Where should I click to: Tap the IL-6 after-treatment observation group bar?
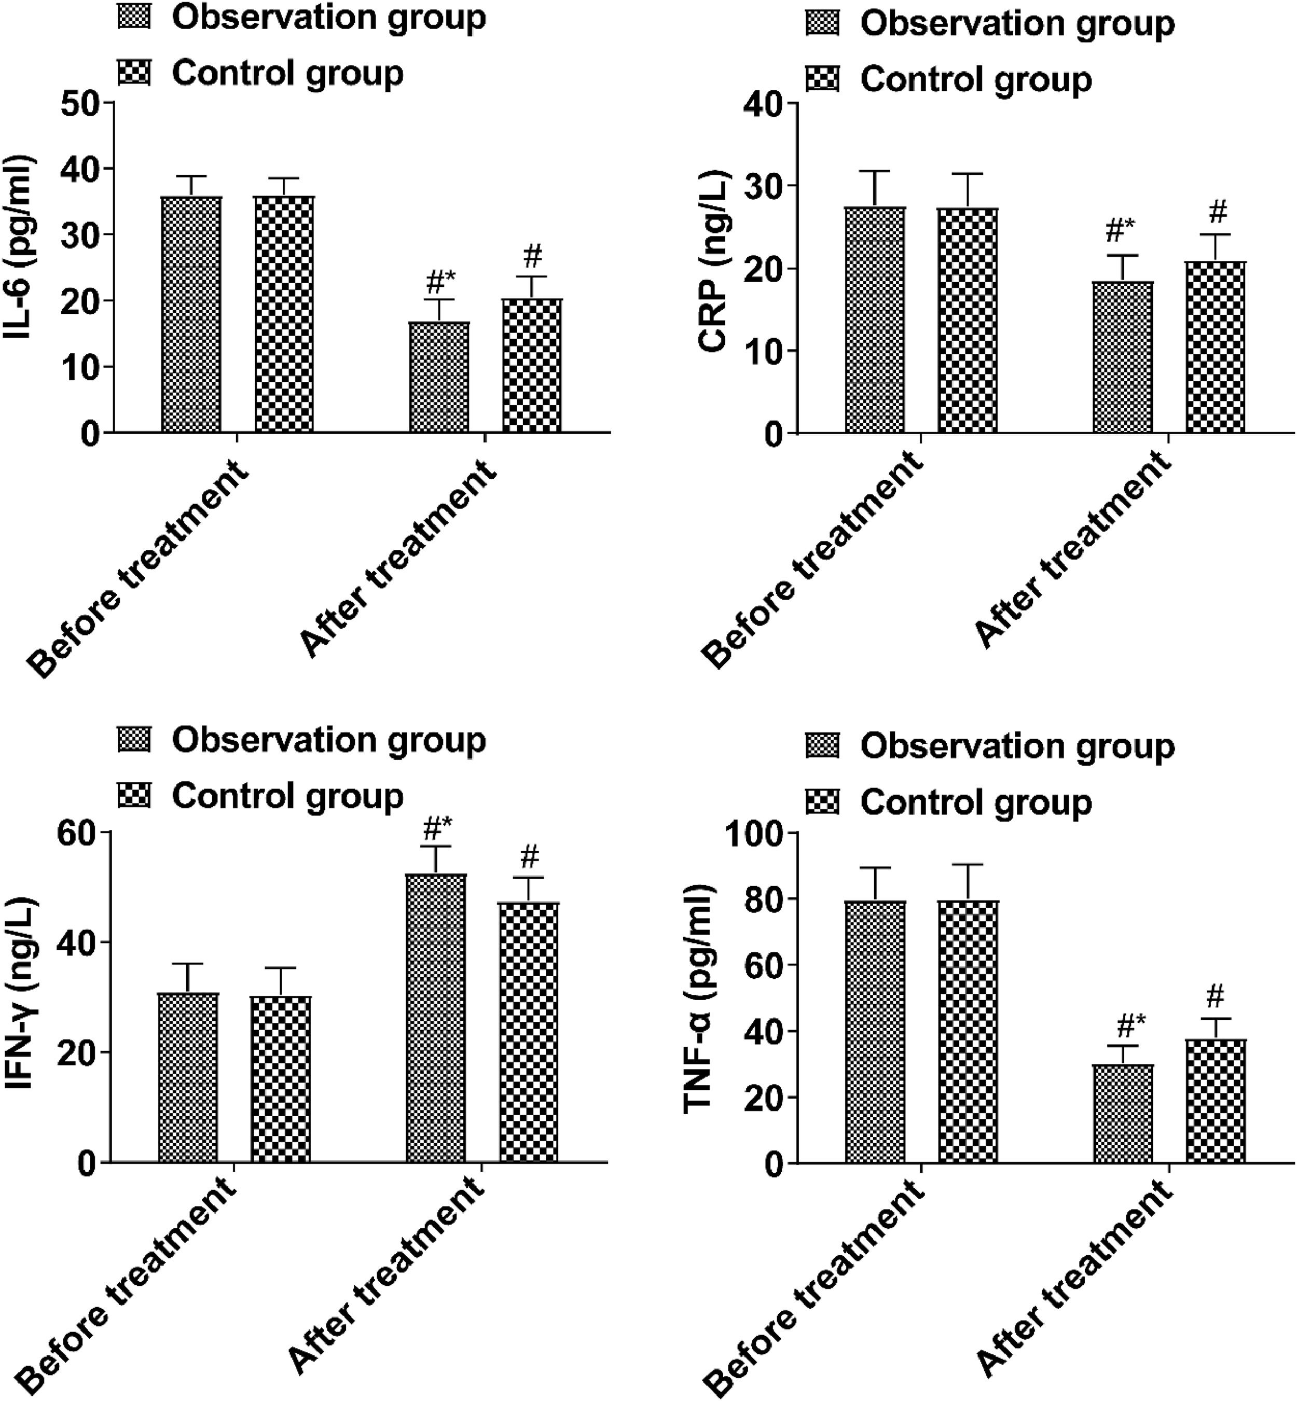tap(439, 378)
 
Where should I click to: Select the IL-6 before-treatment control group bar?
tap(284, 314)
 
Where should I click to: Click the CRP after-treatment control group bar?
tap(1216, 348)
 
